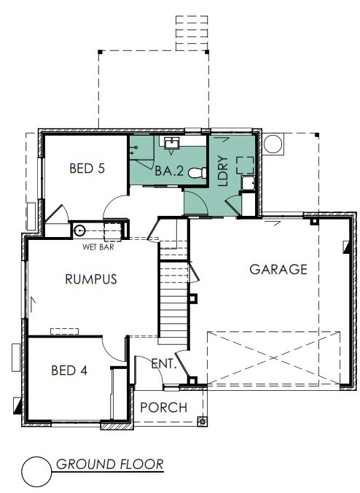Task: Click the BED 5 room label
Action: click(87, 168)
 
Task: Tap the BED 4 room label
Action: click(69, 370)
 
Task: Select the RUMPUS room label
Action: click(91, 279)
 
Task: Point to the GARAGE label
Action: click(278, 269)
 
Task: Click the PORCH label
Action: click(164, 408)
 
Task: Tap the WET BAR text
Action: click(98, 247)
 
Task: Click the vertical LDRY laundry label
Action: click(223, 171)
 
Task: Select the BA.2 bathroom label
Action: click(169, 171)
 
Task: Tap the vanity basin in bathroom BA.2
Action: click(171, 144)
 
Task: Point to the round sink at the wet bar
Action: click(79, 230)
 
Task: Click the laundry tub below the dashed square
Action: click(249, 183)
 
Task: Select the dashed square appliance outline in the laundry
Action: click(245, 165)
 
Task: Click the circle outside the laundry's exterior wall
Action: click(273, 144)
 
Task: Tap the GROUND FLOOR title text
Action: click(110, 464)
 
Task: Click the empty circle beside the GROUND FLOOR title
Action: click(36, 472)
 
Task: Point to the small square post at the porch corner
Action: click(202, 421)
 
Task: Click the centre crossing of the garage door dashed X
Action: click(273, 358)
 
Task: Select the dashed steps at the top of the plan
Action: click(192, 33)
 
